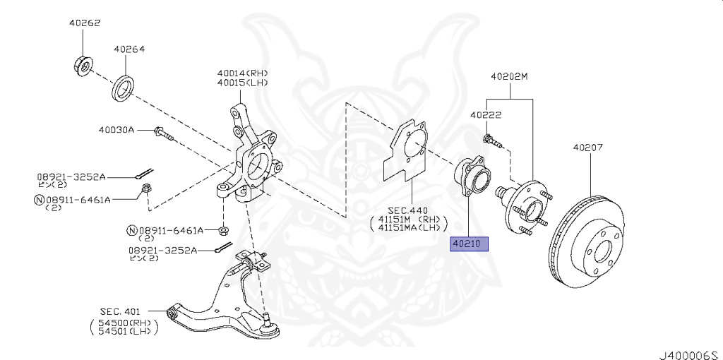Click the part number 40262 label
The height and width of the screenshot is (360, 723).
click(x=85, y=23)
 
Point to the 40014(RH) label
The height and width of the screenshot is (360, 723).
click(x=243, y=73)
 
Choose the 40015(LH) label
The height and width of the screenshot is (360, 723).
click(x=243, y=83)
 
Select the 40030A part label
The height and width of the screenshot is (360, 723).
click(x=116, y=130)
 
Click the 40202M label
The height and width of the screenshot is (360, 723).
click(x=509, y=76)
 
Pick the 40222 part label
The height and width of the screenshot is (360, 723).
click(x=486, y=114)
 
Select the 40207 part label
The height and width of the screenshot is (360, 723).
click(x=587, y=148)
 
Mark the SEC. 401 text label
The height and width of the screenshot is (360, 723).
click(x=121, y=311)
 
